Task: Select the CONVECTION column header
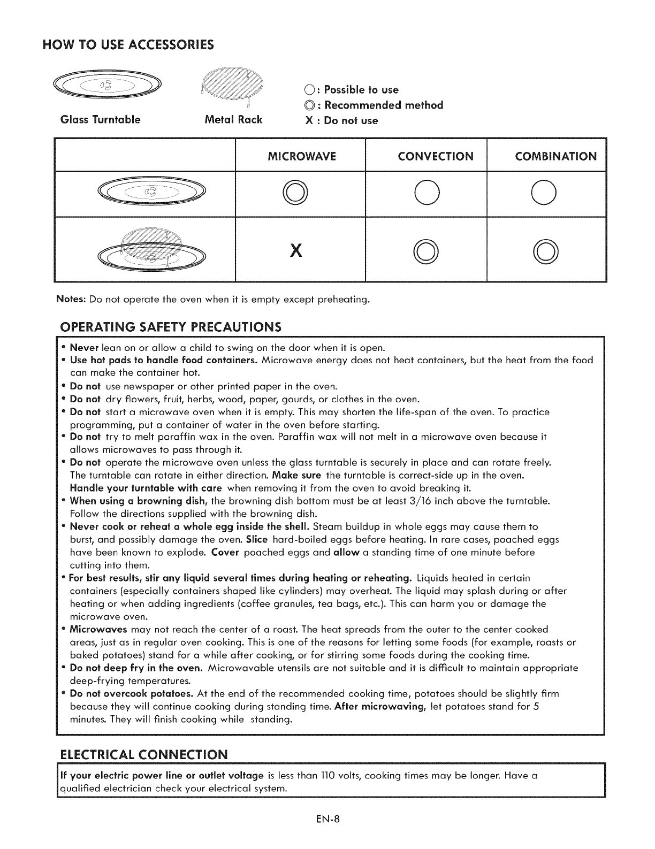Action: [x=436, y=156]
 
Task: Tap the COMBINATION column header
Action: [x=555, y=156]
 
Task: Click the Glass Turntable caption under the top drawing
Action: [x=101, y=120]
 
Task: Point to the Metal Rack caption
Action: [x=234, y=120]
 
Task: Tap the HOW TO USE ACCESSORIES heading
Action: [x=128, y=44]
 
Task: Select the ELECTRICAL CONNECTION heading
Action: [x=143, y=755]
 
